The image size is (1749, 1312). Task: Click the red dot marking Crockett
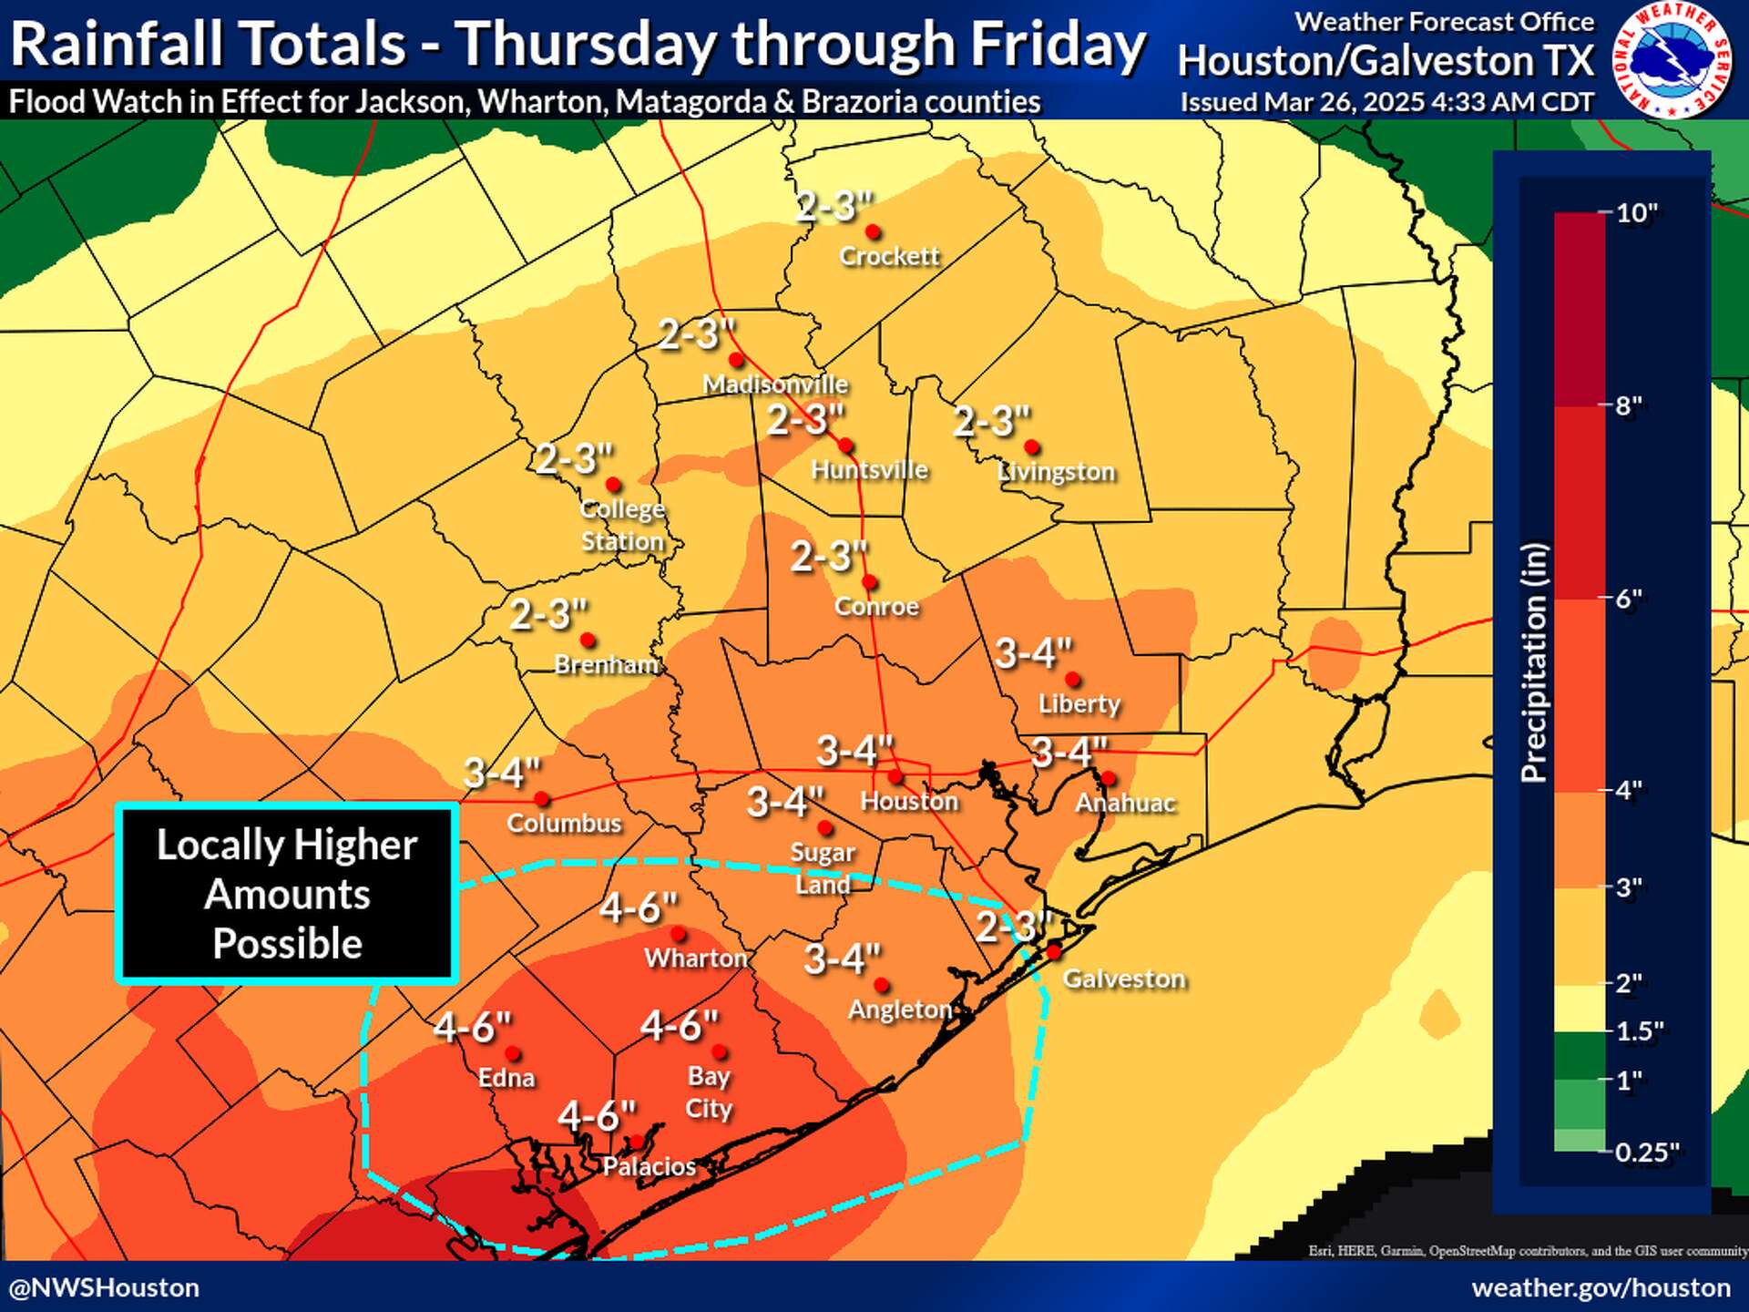[x=872, y=231]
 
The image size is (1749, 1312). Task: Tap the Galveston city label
[x=1124, y=979]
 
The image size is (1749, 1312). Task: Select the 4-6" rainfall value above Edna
[x=472, y=1027]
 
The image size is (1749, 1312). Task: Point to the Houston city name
[x=909, y=801]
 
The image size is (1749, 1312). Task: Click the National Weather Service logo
[x=1672, y=60]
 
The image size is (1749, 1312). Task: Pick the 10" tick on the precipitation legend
[x=1636, y=213]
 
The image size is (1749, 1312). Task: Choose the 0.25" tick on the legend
[x=1646, y=1152]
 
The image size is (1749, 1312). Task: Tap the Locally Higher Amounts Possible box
[x=287, y=894]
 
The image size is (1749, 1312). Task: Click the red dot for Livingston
[x=1031, y=447]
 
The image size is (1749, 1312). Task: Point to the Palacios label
[x=649, y=1166]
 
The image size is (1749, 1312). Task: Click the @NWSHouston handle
[x=105, y=1287]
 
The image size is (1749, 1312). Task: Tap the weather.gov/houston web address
[x=1601, y=1287]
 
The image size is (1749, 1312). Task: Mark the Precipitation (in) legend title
[x=1534, y=662]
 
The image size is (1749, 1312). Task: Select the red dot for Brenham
[x=588, y=641]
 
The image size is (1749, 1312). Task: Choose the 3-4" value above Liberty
[x=1033, y=653]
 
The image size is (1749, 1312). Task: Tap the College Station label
[x=623, y=525]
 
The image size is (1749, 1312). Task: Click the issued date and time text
[x=1386, y=102]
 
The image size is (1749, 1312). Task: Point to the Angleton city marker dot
[x=881, y=985]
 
